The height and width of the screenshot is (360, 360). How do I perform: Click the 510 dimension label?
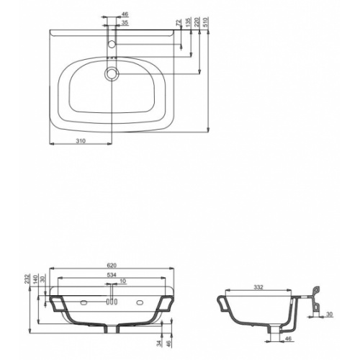point(206,22)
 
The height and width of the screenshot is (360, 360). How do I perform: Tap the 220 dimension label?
point(197,22)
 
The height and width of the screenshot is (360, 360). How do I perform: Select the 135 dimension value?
point(188,22)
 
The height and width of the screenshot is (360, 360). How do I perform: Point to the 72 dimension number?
point(179,23)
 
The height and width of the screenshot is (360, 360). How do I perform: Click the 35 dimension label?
point(125,23)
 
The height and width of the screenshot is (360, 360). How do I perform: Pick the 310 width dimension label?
point(81,141)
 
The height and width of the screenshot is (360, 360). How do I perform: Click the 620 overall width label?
point(112,265)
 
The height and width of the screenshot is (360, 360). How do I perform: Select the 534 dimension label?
point(112,275)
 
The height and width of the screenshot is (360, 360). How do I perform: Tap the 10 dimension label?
point(122,281)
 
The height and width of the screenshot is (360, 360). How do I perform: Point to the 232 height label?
point(27,279)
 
